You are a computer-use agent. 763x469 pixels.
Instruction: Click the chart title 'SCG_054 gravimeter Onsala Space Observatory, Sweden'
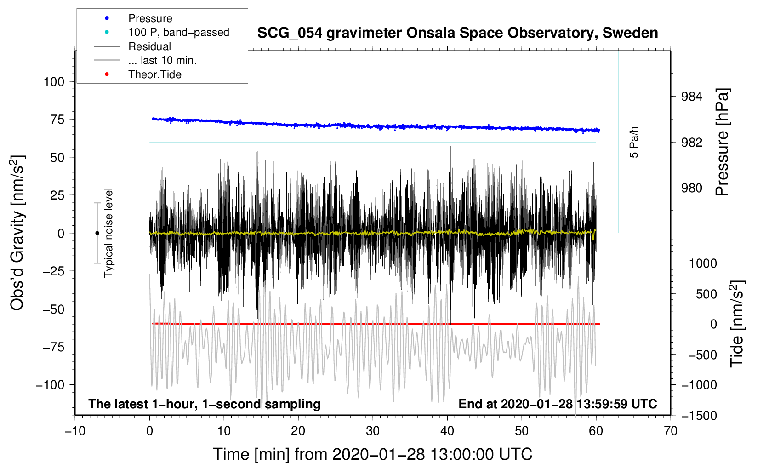click(457, 33)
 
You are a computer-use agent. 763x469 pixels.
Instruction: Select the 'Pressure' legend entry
click(150, 18)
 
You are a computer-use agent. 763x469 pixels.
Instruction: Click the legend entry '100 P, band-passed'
click(178, 32)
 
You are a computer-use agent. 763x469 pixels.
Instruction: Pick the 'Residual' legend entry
click(149, 46)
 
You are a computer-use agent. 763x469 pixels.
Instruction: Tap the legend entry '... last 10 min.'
click(162, 60)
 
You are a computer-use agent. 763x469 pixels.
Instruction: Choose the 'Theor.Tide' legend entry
click(154, 74)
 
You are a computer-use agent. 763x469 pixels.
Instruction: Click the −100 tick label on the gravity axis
click(50, 385)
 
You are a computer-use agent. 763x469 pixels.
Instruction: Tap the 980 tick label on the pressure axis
click(692, 188)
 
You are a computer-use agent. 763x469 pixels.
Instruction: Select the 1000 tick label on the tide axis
click(703, 263)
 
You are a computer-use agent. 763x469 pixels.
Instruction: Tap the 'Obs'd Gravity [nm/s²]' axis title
click(17, 233)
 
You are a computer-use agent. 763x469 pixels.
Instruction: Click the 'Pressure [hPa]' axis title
click(722, 143)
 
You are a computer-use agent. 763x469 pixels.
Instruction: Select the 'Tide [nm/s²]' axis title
click(737, 324)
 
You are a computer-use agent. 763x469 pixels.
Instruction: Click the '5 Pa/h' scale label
click(634, 142)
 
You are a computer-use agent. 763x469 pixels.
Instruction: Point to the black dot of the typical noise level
click(97, 233)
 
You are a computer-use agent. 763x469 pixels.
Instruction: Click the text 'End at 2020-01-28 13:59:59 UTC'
click(558, 404)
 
